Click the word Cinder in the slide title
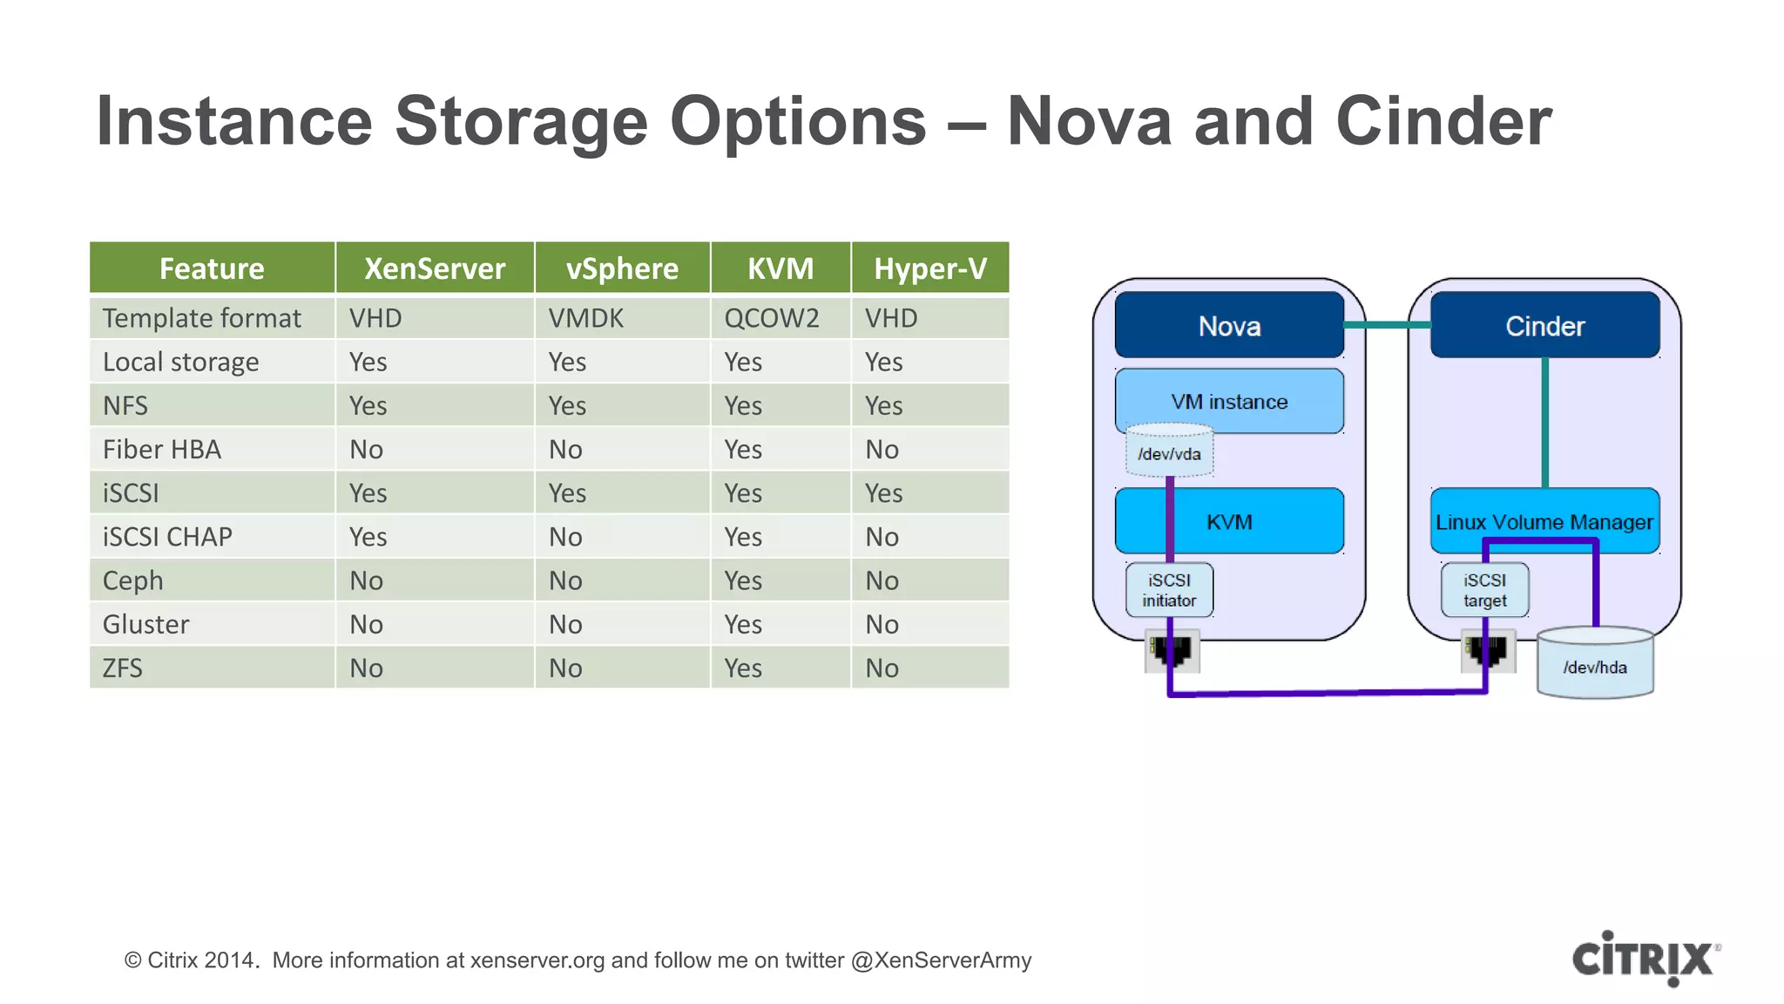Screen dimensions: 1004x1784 tap(1443, 122)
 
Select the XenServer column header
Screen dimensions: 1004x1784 tap(434, 268)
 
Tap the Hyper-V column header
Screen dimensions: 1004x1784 tap(929, 268)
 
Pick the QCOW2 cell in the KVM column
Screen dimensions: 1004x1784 tap(772, 318)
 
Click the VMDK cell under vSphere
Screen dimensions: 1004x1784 tap(585, 318)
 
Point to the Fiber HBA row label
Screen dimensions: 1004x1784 tap(162, 450)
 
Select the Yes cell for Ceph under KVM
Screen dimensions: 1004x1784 tap(743, 580)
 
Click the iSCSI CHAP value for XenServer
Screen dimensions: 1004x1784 tap(368, 537)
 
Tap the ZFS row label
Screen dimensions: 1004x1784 tap(123, 668)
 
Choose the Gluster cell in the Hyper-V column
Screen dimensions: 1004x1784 tap(882, 625)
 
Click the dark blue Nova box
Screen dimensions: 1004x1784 tap(1229, 326)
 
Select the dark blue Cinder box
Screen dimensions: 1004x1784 tap(1544, 326)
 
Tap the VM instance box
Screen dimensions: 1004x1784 tap(1229, 401)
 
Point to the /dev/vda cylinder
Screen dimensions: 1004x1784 tap(1169, 453)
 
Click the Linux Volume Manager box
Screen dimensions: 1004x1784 tap(1544, 522)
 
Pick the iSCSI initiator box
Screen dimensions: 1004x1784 tap(1169, 590)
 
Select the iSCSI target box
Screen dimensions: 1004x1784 tap(1484, 590)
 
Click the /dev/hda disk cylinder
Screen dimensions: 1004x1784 tap(1594, 667)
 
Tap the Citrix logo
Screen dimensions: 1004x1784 tap(1645, 959)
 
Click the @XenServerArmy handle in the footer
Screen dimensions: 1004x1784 tap(941, 960)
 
